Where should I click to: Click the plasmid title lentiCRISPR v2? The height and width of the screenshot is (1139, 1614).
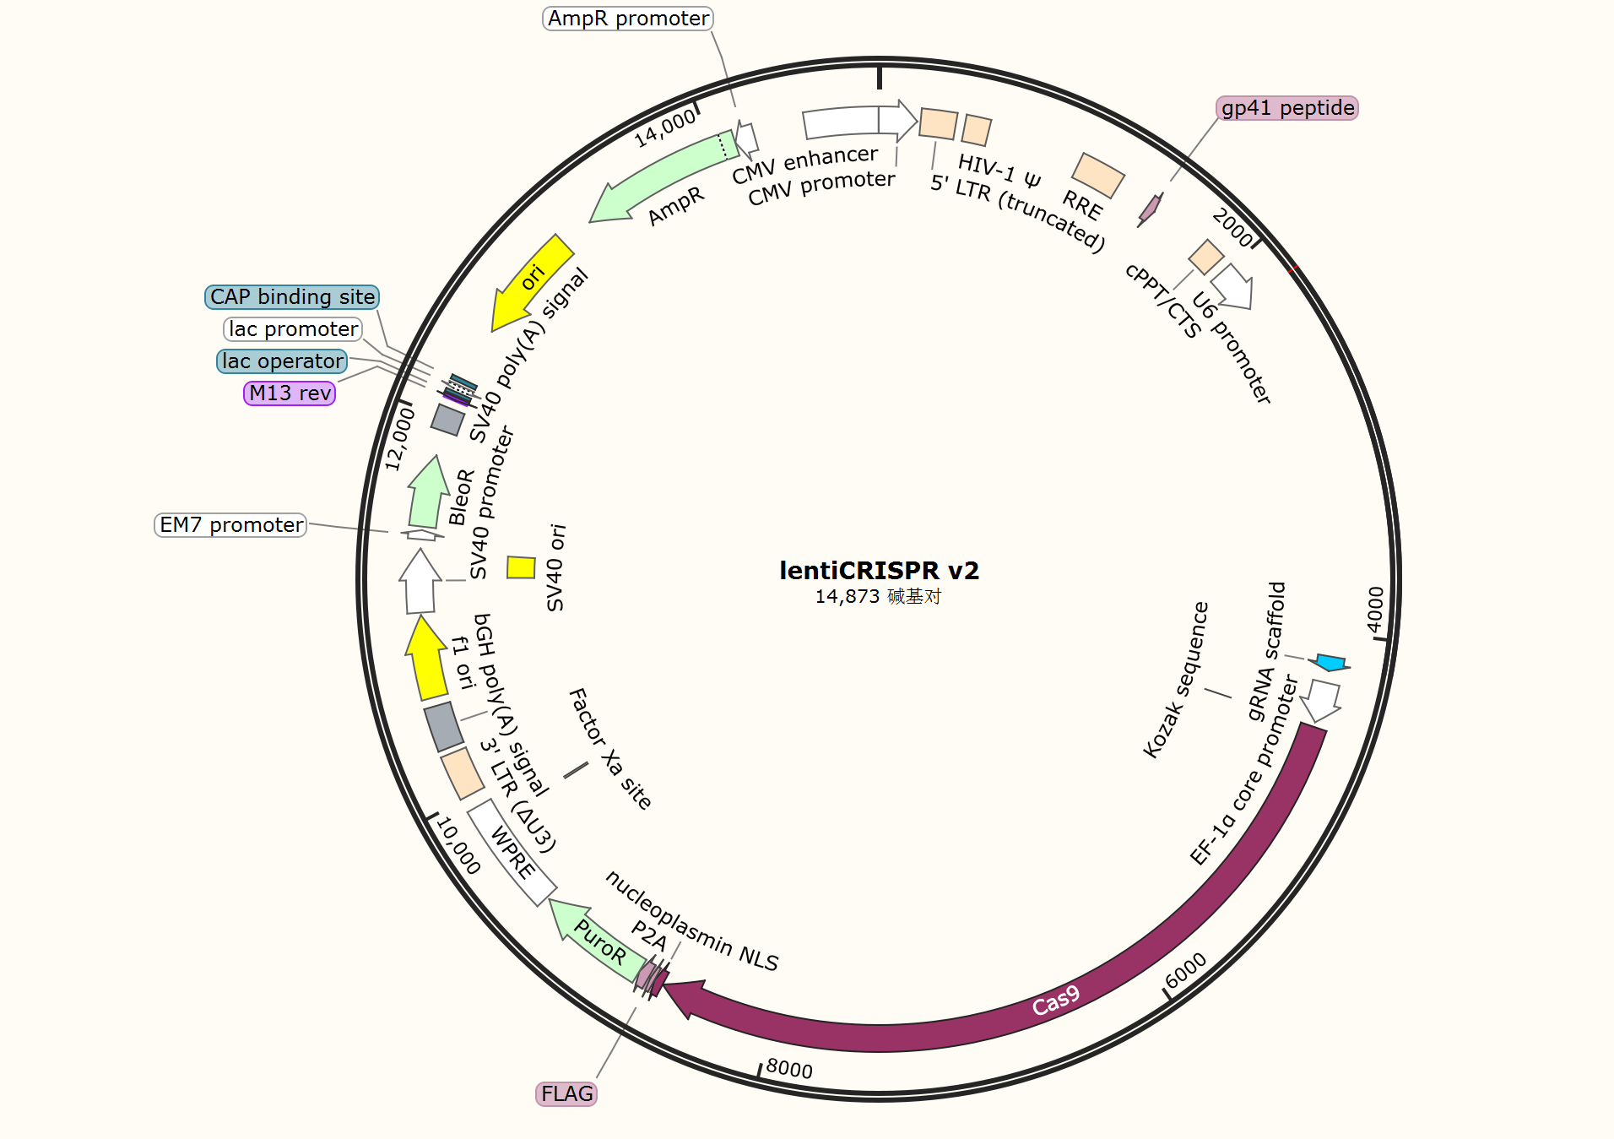pos(879,571)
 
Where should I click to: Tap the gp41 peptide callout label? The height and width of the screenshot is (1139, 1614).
pos(1287,108)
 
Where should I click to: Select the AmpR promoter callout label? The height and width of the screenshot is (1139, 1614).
pos(628,19)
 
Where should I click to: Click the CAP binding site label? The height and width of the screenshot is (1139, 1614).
pos(292,297)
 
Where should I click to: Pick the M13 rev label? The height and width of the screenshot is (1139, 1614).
pos(290,393)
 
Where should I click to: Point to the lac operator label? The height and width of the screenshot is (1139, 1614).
pos(282,361)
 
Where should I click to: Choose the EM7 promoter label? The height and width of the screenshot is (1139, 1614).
pos(230,525)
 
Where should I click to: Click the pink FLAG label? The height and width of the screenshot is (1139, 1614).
pos(566,1094)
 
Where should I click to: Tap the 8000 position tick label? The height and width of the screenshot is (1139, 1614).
pos(789,1070)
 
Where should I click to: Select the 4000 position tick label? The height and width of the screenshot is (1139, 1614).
pos(1376,609)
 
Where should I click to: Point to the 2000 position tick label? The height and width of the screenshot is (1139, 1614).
pos(1232,228)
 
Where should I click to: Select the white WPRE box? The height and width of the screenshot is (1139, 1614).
pos(511,853)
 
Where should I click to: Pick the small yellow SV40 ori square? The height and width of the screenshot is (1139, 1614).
pos(521,567)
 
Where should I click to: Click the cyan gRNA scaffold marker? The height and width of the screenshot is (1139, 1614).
pos(1330,662)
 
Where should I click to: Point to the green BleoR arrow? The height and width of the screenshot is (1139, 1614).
pos(427,494)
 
